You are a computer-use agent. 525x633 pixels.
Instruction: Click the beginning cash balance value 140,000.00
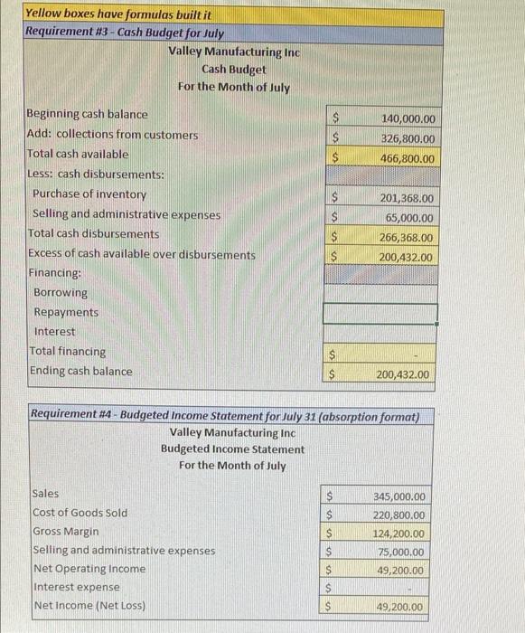click(x=408, y=119)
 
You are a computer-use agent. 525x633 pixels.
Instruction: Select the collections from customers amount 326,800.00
click(x=408, y=139)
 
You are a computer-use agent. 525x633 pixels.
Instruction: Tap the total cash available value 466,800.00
click(x=408, y=158)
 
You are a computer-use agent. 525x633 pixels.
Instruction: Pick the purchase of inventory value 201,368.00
click(x=408, y=198)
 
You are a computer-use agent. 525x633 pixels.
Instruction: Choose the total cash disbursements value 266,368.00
click(x=408, y=238)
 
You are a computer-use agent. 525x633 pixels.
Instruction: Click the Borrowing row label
click(x=61, y=293)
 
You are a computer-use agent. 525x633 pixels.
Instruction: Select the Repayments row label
click(x=66, y=312)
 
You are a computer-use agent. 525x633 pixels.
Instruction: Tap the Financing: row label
click(x=55, y=272)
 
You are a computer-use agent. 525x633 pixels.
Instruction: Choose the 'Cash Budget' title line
click(x=234, y=69)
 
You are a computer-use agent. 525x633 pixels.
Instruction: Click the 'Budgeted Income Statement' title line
click(x=232, y=449)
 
